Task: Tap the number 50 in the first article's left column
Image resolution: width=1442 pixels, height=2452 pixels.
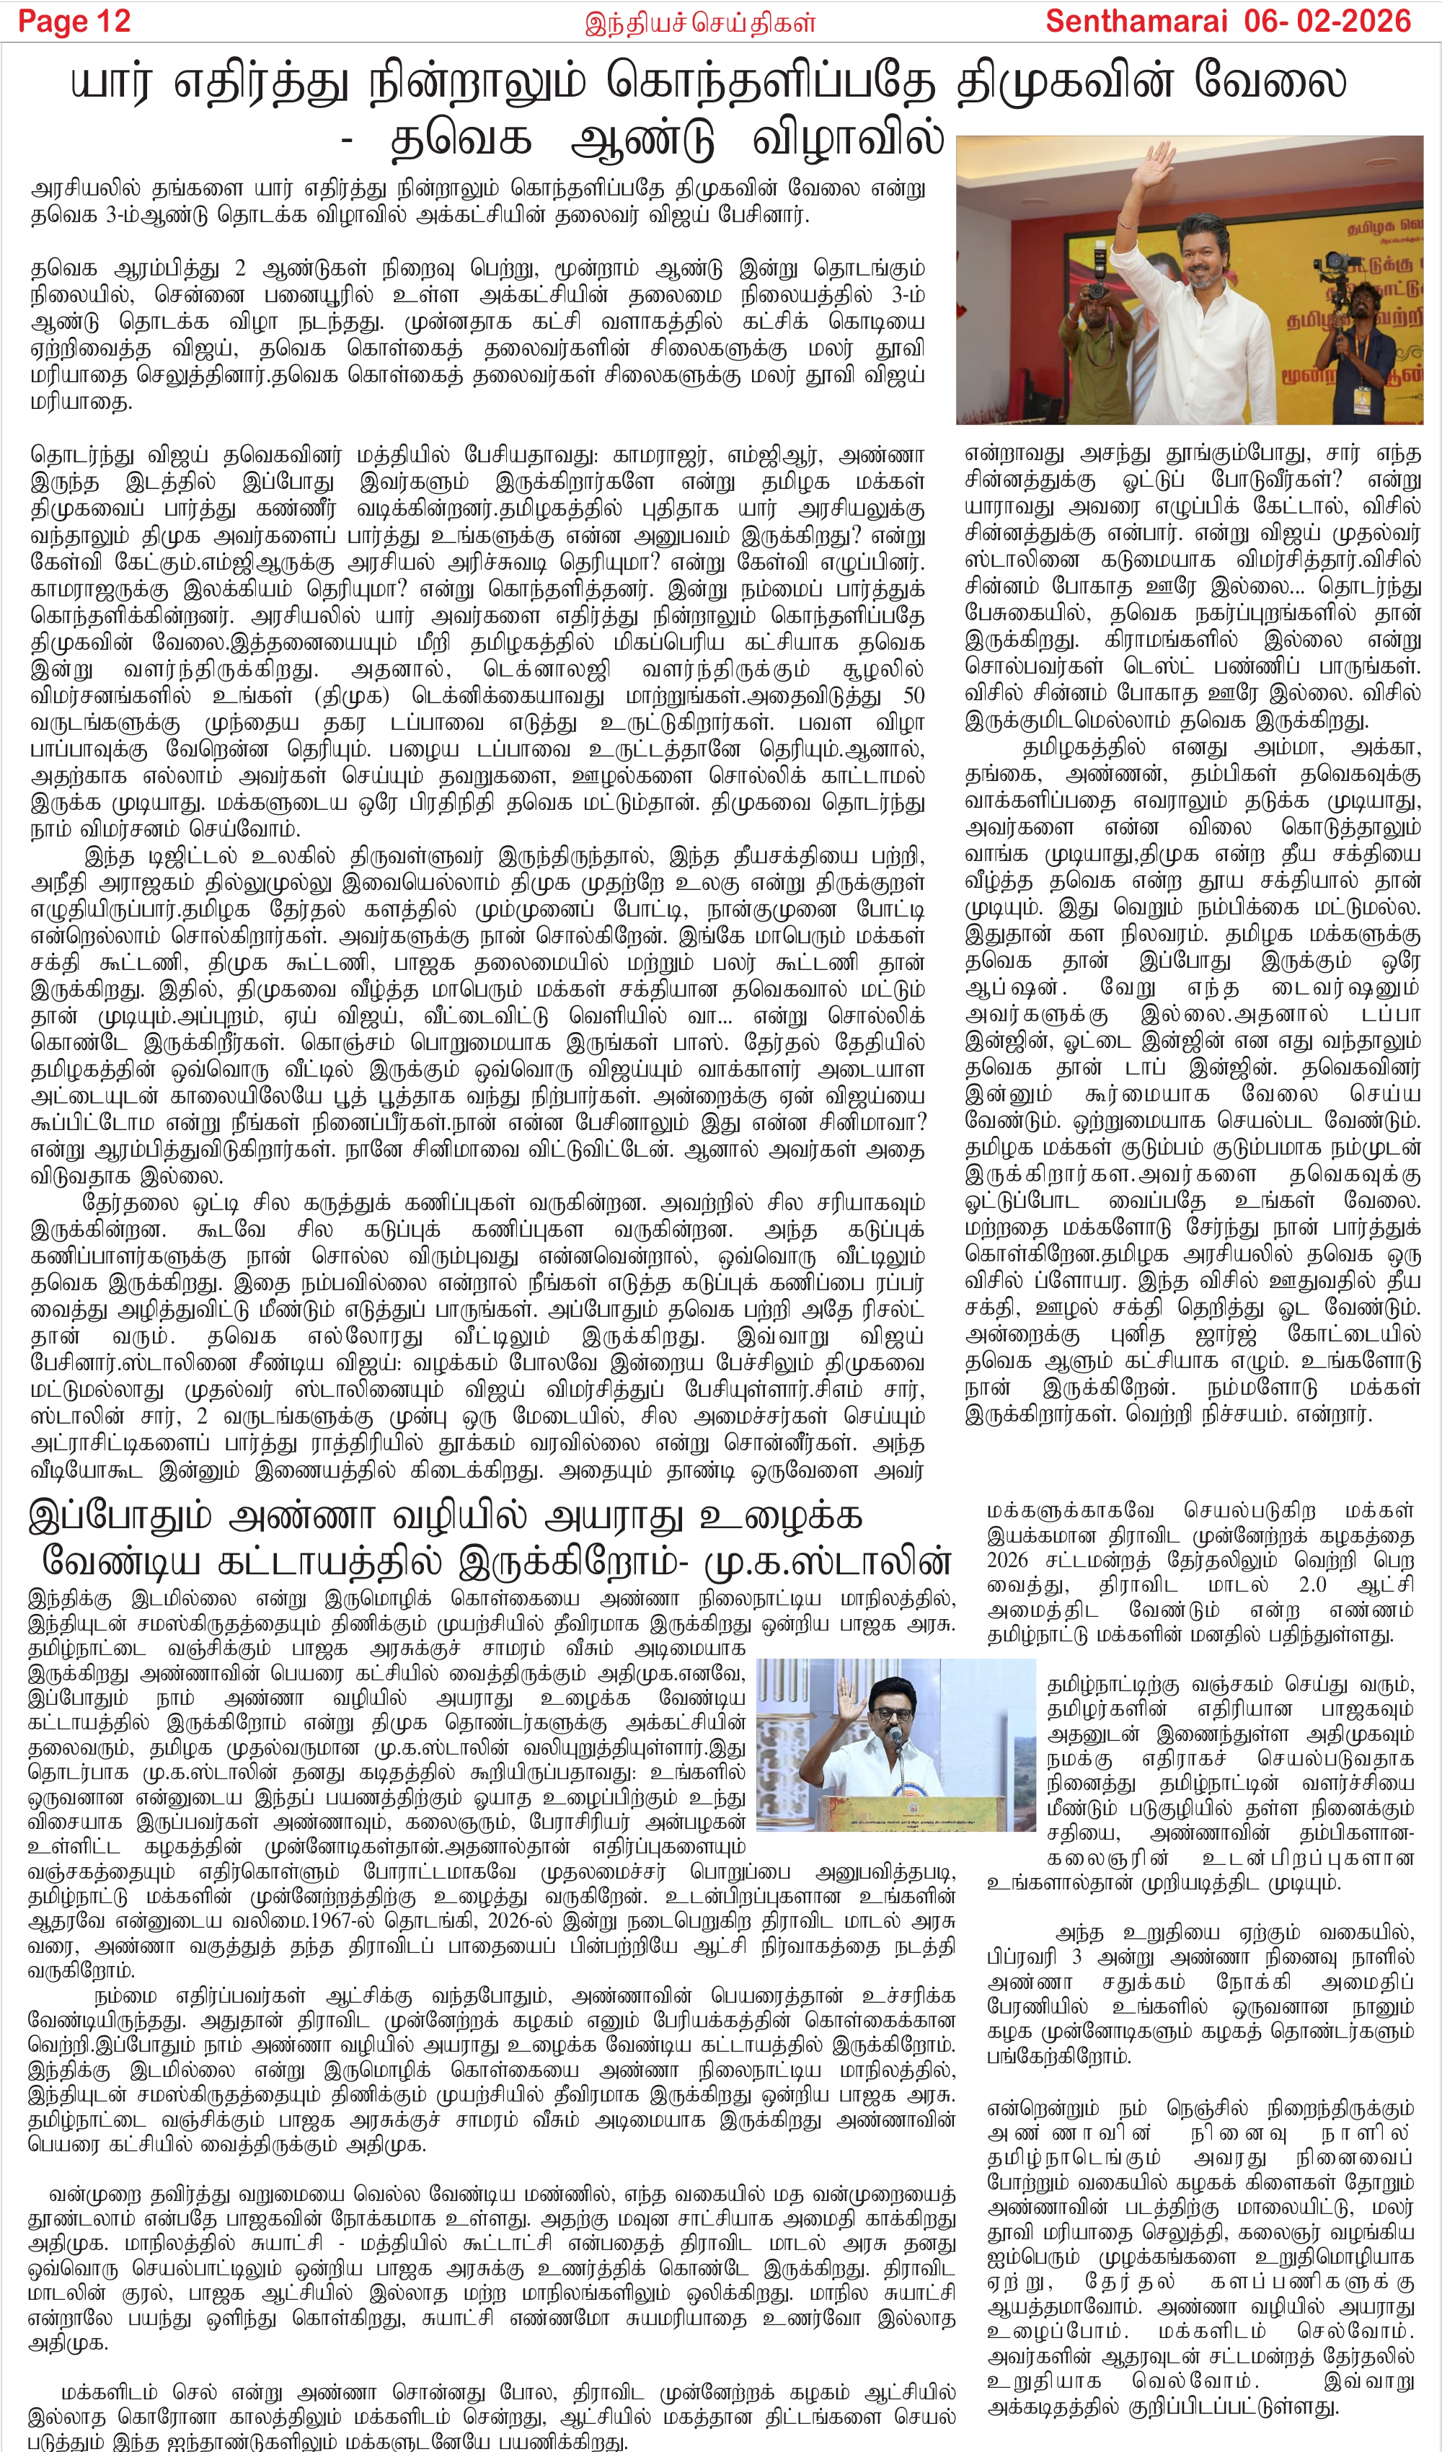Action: (914, 697)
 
